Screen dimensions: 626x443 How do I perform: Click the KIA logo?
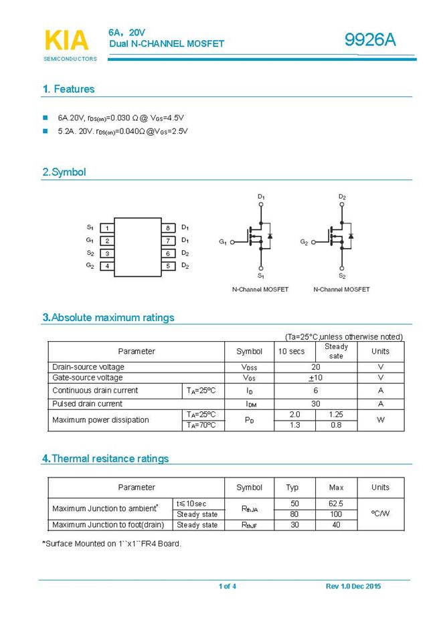pos(66,40)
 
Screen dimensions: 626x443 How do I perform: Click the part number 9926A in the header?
pos(370,41)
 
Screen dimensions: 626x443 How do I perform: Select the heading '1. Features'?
pos(68,89)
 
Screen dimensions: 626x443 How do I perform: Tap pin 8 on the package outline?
pos(169,228)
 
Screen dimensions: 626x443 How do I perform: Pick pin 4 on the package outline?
pos(107,266)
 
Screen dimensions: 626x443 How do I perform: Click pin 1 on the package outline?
pos(107,228)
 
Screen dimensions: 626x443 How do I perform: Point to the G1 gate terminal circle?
pos(233,242)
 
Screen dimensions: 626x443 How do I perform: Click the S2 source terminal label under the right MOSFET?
pos(342,276)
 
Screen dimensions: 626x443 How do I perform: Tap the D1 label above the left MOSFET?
pos(261,197)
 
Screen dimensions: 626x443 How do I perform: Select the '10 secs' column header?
pos(291,351)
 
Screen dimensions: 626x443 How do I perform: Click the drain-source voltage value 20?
pos(316,367)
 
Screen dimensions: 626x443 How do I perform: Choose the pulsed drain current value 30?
pos(316,404)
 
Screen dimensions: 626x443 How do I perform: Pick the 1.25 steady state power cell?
pos(336,415)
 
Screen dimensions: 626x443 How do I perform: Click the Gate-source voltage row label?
pos(88,378)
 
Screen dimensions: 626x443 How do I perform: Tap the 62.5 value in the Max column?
pos(336,504)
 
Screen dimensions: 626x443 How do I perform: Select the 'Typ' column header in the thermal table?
pos(292,488)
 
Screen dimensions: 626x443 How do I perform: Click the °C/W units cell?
pos(380,514)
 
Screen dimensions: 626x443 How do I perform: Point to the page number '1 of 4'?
pos(228,587)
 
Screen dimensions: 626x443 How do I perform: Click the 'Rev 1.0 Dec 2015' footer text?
pos(353,587)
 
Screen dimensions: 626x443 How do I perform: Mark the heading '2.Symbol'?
pos(64,172)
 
